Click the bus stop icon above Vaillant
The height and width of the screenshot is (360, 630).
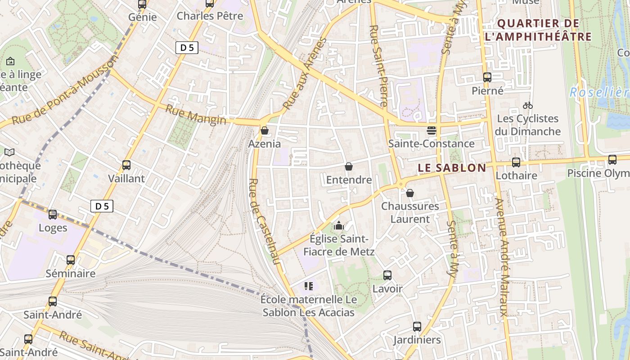click(126, 165)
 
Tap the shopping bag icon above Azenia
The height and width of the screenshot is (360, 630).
click(265, 130)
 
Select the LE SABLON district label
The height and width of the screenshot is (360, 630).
click(452, 168)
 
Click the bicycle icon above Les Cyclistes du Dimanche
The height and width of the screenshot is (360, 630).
click(528, 105)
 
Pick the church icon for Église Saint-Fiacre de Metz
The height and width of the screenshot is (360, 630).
click(339, 225)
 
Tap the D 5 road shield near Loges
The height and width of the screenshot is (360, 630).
click(102, 206)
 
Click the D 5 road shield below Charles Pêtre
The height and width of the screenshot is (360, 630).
click(187, 47)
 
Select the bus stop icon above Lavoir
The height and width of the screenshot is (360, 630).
click(387, 275)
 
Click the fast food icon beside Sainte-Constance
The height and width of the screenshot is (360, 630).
click(431, 130)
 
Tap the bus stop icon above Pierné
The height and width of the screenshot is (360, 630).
click(487, 77)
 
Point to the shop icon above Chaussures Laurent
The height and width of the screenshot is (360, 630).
click(410, 193)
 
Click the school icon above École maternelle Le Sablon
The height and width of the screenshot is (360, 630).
click(308, 286)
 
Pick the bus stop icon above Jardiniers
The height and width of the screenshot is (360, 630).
click(417, 326)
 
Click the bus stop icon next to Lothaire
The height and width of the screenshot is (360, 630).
click(516, 162)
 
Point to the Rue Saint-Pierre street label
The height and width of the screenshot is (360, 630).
click(378, 65)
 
